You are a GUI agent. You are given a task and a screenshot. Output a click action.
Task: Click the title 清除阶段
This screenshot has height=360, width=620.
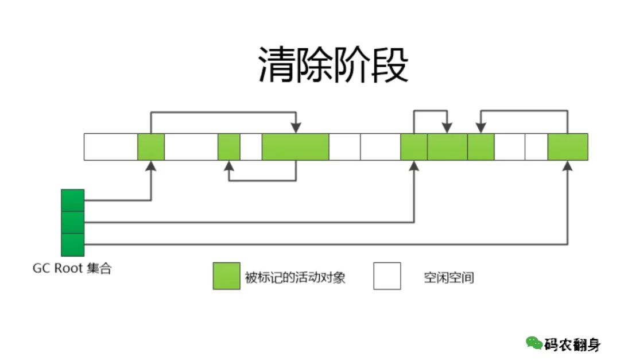click(332, 64)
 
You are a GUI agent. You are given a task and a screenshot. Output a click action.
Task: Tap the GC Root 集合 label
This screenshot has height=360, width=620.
click(72, 269)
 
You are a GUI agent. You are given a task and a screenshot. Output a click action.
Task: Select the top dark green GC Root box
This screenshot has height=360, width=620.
click(73, 200)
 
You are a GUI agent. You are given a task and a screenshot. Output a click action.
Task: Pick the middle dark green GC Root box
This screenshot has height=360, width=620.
click(73, 222)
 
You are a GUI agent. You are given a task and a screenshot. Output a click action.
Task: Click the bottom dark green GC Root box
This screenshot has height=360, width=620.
click(73, 245)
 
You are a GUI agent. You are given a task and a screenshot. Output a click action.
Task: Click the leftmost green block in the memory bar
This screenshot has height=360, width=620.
click(151, 146)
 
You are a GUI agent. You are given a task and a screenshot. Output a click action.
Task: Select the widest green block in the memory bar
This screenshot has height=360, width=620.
click(295, 146)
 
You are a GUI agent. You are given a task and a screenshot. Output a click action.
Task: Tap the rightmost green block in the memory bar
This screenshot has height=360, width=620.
click(568, 146)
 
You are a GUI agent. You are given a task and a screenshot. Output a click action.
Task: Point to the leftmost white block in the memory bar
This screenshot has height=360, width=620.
click(110, 146)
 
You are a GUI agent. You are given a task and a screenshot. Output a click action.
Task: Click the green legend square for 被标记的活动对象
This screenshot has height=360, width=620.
click(226, 276)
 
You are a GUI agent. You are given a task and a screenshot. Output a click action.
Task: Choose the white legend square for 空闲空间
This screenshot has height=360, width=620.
click(387, 276)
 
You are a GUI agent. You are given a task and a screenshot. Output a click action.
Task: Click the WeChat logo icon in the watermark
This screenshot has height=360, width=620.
click(534, 343)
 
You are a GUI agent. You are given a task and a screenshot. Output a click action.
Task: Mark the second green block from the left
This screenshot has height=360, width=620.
click(229, 146)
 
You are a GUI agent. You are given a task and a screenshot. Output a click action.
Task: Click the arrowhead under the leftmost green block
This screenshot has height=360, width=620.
click(151, 166)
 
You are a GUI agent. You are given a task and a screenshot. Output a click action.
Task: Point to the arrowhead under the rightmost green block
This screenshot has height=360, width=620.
click(568, 166)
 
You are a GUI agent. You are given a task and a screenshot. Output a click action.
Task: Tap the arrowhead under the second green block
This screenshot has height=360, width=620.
click(229, 166)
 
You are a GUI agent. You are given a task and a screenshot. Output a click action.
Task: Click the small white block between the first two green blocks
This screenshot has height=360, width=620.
click(191, 146)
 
